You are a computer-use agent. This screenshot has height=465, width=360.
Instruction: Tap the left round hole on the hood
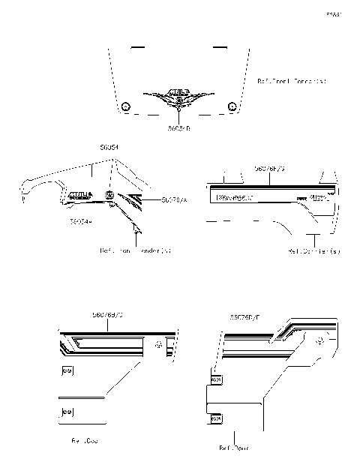(x=126, y=105)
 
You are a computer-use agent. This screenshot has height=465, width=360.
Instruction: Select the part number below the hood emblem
(x=179, y=128)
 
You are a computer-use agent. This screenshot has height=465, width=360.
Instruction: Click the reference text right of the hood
(x=292, y=79)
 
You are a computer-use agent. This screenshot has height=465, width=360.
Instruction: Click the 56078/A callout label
(x=173, y=200)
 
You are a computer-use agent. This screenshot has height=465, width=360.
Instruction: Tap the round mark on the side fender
(x=110, y=196)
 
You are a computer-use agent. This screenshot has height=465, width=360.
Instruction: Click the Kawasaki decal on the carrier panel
(x=234, y=198)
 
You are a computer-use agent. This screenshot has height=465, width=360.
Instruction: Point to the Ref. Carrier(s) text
(x=313, y=250)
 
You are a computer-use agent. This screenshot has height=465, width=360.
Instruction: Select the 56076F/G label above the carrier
(x=269, y=169)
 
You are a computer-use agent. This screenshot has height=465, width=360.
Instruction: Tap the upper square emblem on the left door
(x=67, y=370)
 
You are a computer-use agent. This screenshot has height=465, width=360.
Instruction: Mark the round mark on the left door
(x=159, y=345)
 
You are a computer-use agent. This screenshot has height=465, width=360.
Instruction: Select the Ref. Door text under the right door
(x=233, y=448)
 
